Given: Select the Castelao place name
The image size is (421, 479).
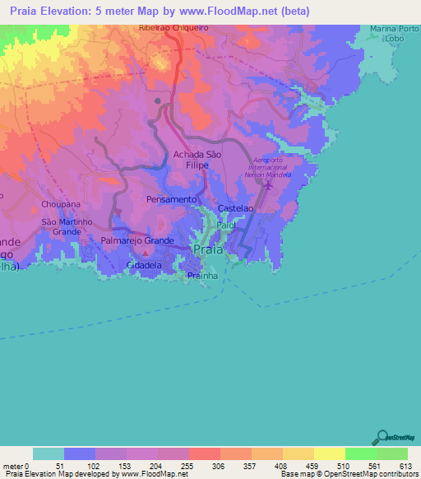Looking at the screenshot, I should click(x=234, y=211).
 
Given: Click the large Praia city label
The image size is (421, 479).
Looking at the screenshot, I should click(x=207, y=249).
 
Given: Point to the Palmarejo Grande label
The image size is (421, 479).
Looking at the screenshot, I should click(x=137, y=240).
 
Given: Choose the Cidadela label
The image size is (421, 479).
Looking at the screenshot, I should click(x=145, y=266).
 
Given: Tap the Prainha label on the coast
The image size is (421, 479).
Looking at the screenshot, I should click(x=201, y=275).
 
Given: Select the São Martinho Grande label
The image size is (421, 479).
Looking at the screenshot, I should click(x=62, y=227).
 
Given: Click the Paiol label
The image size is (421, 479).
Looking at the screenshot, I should click(x=226, y=223).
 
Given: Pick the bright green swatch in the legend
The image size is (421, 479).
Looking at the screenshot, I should click(x=360, y=453).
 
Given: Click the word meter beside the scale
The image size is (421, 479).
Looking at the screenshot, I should click(x=12, y=465).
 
